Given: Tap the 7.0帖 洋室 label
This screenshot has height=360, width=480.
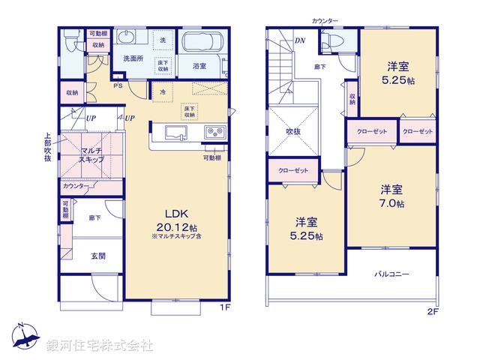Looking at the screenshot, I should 391,196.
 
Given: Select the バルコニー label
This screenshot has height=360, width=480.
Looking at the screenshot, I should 391,274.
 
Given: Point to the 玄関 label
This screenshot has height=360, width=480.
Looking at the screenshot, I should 97,256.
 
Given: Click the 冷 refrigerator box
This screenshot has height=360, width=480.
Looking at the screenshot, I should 163,91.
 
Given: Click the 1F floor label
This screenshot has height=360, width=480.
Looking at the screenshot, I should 223,307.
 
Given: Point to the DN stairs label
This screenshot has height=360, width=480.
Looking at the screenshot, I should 300,40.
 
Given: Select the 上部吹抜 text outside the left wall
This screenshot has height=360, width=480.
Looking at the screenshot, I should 46,148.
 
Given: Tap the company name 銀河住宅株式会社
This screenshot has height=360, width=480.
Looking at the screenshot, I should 99,346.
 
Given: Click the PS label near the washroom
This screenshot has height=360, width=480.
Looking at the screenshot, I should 117,85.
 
